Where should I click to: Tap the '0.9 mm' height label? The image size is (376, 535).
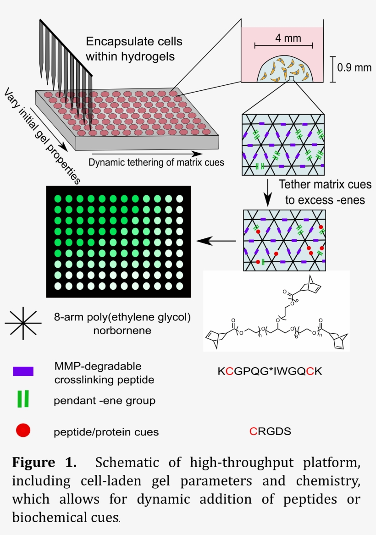(354, 68)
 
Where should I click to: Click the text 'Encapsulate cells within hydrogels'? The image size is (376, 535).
(134, 49)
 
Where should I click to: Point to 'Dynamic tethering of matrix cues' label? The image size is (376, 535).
(156, 162)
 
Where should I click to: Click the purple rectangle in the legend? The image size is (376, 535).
(23, 371)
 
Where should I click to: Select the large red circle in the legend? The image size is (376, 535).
(23, 430)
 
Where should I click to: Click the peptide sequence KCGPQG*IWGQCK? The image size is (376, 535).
(270, 371)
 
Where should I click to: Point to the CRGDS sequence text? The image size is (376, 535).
(270, 431)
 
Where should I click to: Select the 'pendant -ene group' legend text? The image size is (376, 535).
(105, 401)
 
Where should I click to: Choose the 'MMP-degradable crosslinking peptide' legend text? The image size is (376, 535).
(104, 373)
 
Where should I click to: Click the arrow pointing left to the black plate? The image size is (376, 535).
(216, 240)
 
